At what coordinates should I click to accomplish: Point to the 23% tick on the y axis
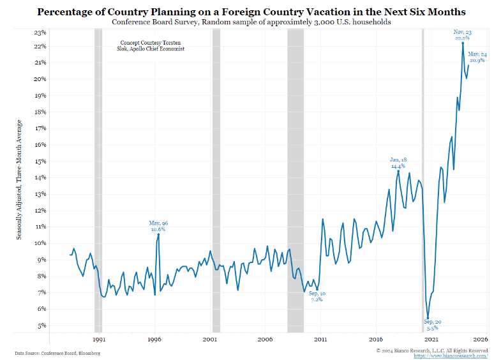(40, 32)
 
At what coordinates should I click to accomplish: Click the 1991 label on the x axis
(99, 340)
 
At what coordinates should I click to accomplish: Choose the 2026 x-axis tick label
(481, 340)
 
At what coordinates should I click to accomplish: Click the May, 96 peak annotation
(158, 226)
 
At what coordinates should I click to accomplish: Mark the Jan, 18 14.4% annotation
(398, 162)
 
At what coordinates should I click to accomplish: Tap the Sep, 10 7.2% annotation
(317, 296)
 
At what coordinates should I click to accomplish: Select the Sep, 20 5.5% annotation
(432, 324)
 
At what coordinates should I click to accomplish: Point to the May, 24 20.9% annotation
(477, 57)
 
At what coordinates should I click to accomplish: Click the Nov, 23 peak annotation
(462, 35)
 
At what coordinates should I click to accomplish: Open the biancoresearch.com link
(455, 356)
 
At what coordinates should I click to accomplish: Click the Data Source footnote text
(57, 352)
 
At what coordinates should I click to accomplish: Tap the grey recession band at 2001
(216, 179)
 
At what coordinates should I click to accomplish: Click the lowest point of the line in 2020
(428, 317)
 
